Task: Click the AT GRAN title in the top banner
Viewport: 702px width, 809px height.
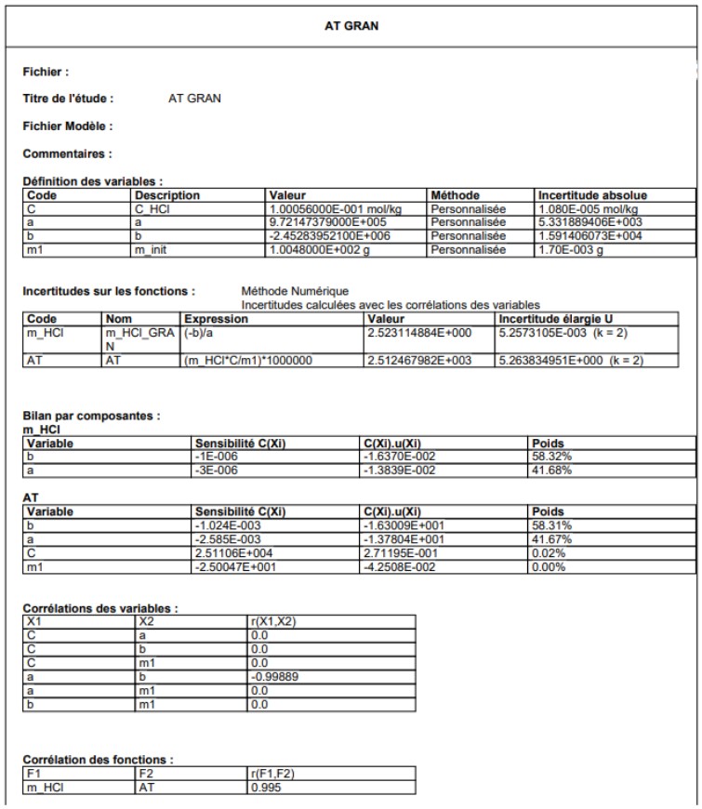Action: point(351,26)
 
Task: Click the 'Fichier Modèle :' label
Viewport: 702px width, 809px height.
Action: point(67,126)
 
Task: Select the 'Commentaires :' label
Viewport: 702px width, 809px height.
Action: point(67,153)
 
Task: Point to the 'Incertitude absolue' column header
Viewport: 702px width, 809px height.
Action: point(592,196)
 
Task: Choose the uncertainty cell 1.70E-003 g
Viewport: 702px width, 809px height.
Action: point(569,250)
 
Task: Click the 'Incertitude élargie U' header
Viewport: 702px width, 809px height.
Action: point(555,319)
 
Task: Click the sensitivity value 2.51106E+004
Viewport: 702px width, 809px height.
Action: point(228,553)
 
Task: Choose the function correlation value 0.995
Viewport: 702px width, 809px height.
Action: point(266,788)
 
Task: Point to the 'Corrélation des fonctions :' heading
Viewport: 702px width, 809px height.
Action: point(98,760)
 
